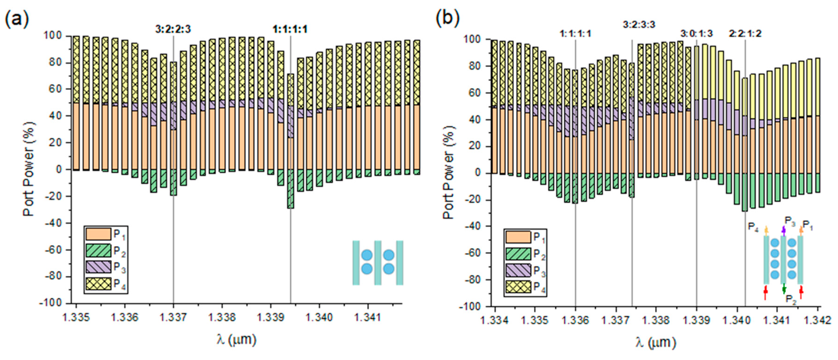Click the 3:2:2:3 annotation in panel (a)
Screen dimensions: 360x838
173,30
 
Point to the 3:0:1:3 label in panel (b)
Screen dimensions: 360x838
696,34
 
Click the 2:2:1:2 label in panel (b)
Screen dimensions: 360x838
745,34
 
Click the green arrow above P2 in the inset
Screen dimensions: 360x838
784,288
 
